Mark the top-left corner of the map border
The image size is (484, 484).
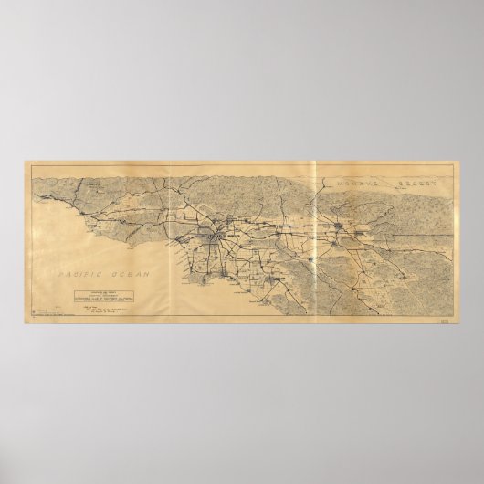pos(25,163)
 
